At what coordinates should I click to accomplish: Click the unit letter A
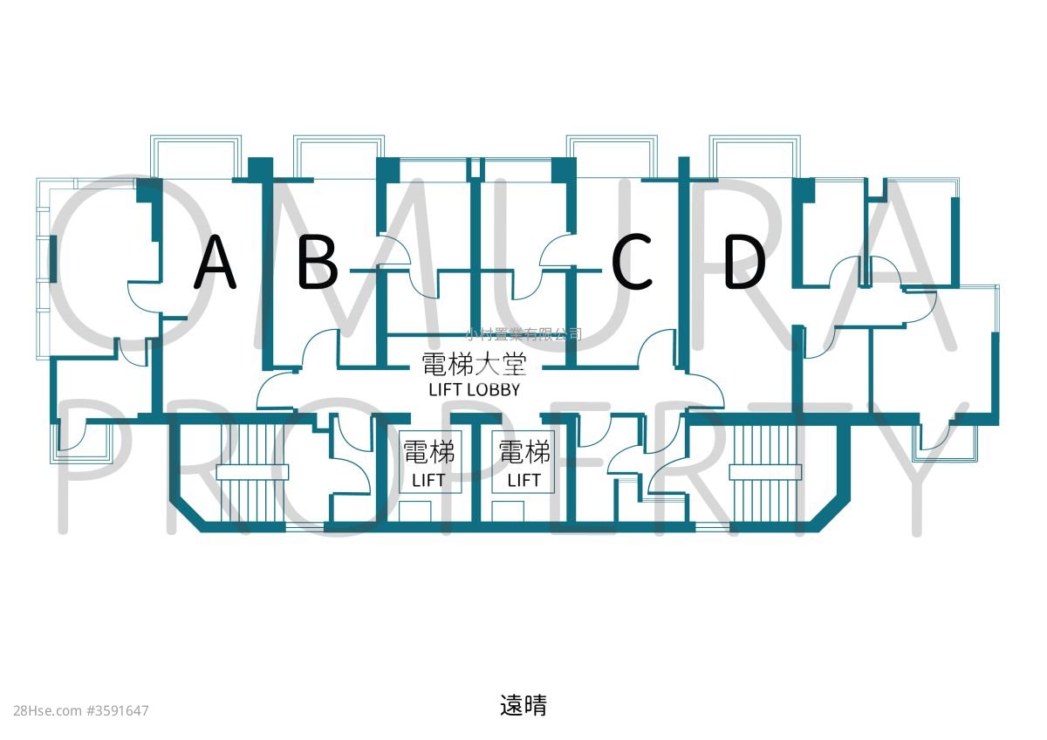(x=215, y=263)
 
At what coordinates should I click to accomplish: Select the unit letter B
(x=318, y=263)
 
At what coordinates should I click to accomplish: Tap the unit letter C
(x=633, y=263)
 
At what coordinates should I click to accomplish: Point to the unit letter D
(x=744, y=263)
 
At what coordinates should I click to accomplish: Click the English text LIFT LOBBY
(x=474, y=390)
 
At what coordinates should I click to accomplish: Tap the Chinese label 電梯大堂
(x=474, y=365)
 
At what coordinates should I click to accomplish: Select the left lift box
(x=428, y=462)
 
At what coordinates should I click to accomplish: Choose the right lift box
(x=523, y=462)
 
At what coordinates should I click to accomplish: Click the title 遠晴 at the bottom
(x=523, y=705)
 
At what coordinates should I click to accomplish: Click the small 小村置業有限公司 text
(x=523, y=333)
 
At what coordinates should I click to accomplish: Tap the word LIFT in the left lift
(x=428, y=480)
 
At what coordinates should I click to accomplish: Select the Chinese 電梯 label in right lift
(x=523, y=452)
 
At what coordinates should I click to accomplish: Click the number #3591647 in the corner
(x=118, y=711)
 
